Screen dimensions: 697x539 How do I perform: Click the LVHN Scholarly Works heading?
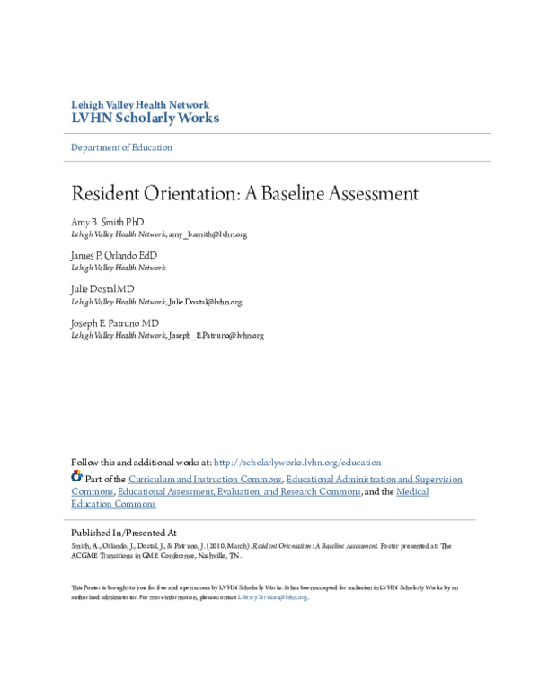click(145, 118)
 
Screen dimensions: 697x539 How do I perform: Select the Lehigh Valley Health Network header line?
click(140, 104)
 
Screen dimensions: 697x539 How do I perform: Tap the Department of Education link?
click(121, 147)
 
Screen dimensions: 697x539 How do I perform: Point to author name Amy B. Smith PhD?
click(107, 222)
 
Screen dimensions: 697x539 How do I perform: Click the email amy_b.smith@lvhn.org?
click(208, 234)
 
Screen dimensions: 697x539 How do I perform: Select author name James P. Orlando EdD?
click(113, 256)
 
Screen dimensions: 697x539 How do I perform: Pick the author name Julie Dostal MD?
click(102, 289)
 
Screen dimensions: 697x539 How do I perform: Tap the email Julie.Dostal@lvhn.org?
click(205, 303)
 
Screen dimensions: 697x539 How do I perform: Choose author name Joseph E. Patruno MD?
click(115, 323)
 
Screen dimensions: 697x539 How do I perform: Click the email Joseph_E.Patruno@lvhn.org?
click(216, 336)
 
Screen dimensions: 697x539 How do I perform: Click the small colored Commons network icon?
click(76, 477)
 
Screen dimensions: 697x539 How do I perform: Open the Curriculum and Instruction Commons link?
click(205, 480)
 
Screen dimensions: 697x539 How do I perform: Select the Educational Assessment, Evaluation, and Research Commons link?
click(239, 492)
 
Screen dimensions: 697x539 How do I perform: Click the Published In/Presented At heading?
click(123, 533)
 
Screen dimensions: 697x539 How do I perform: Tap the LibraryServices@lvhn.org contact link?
click(272, 597)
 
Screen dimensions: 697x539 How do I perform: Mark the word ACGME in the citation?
click(85, 556)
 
